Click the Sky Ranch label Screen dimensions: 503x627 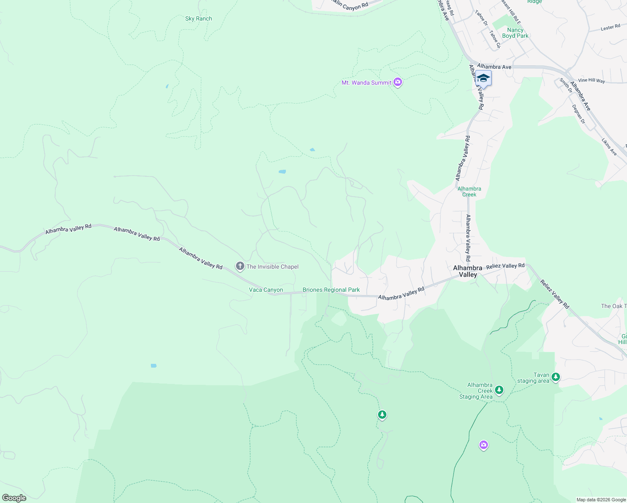coord(199,19)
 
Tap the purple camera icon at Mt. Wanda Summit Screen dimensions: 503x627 coord(398,83)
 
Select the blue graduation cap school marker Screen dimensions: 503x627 coord(483,79)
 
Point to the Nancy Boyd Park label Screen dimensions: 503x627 coord(515,33)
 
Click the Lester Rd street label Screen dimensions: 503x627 coord(610,28)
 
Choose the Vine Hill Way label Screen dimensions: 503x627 coord(591,80)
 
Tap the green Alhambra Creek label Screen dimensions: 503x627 coord(469,192)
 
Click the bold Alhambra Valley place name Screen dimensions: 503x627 coord(468,271)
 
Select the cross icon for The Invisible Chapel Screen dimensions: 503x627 coord(240,266)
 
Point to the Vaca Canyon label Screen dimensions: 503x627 coord(266,290)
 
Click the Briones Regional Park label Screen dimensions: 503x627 coord(331,290)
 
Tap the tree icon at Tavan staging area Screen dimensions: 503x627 coord(556,377)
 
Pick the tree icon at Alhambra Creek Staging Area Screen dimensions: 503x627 coord(499,390)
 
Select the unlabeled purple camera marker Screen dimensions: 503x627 coord(484,445)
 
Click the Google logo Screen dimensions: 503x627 coord(14,498)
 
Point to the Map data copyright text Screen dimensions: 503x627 coord(601,500)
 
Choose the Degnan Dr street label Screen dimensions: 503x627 coord(578,114)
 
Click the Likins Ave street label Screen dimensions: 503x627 coord(609,147)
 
